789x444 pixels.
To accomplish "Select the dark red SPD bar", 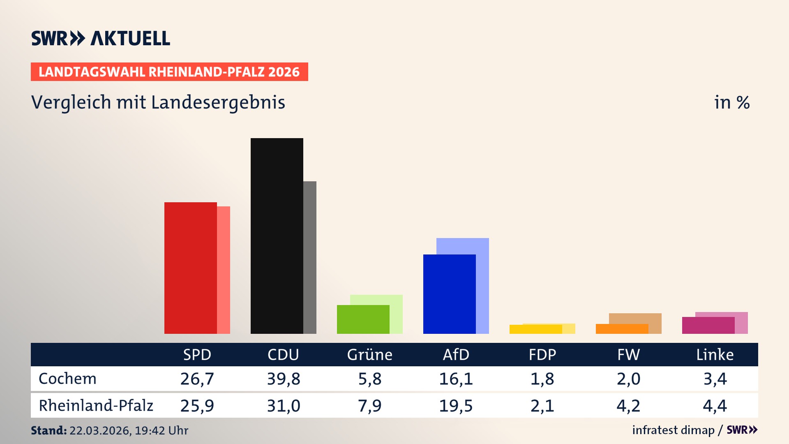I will tap(190, 268).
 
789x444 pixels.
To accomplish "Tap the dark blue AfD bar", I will tap(449, 294).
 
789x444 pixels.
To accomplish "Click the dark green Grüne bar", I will tap(363, 319).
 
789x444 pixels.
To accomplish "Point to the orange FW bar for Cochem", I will tap(622, 329).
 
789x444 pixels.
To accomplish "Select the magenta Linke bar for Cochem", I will tap(708, 325).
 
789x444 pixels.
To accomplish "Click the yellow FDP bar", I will tap(535, 329).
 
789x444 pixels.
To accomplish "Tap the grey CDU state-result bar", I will tap(310, 257).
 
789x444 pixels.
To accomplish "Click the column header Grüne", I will tap(369, 354).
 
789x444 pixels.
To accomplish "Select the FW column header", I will tap(628, 354).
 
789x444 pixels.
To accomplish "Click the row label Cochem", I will tap(67, 379).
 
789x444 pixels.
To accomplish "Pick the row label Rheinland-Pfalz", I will tap(96, 405).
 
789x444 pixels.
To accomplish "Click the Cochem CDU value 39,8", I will tap(284, 379).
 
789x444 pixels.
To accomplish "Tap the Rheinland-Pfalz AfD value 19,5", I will tap(456, 406).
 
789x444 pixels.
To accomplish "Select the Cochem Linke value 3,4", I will tap(715, 379).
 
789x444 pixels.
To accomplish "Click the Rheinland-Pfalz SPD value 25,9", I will tap(197, 406).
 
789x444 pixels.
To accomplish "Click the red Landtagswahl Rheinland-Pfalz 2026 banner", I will tap(169, 72).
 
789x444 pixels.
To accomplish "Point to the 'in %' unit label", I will tap(732, 102).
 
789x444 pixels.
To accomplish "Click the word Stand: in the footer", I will tap(48, 430).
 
